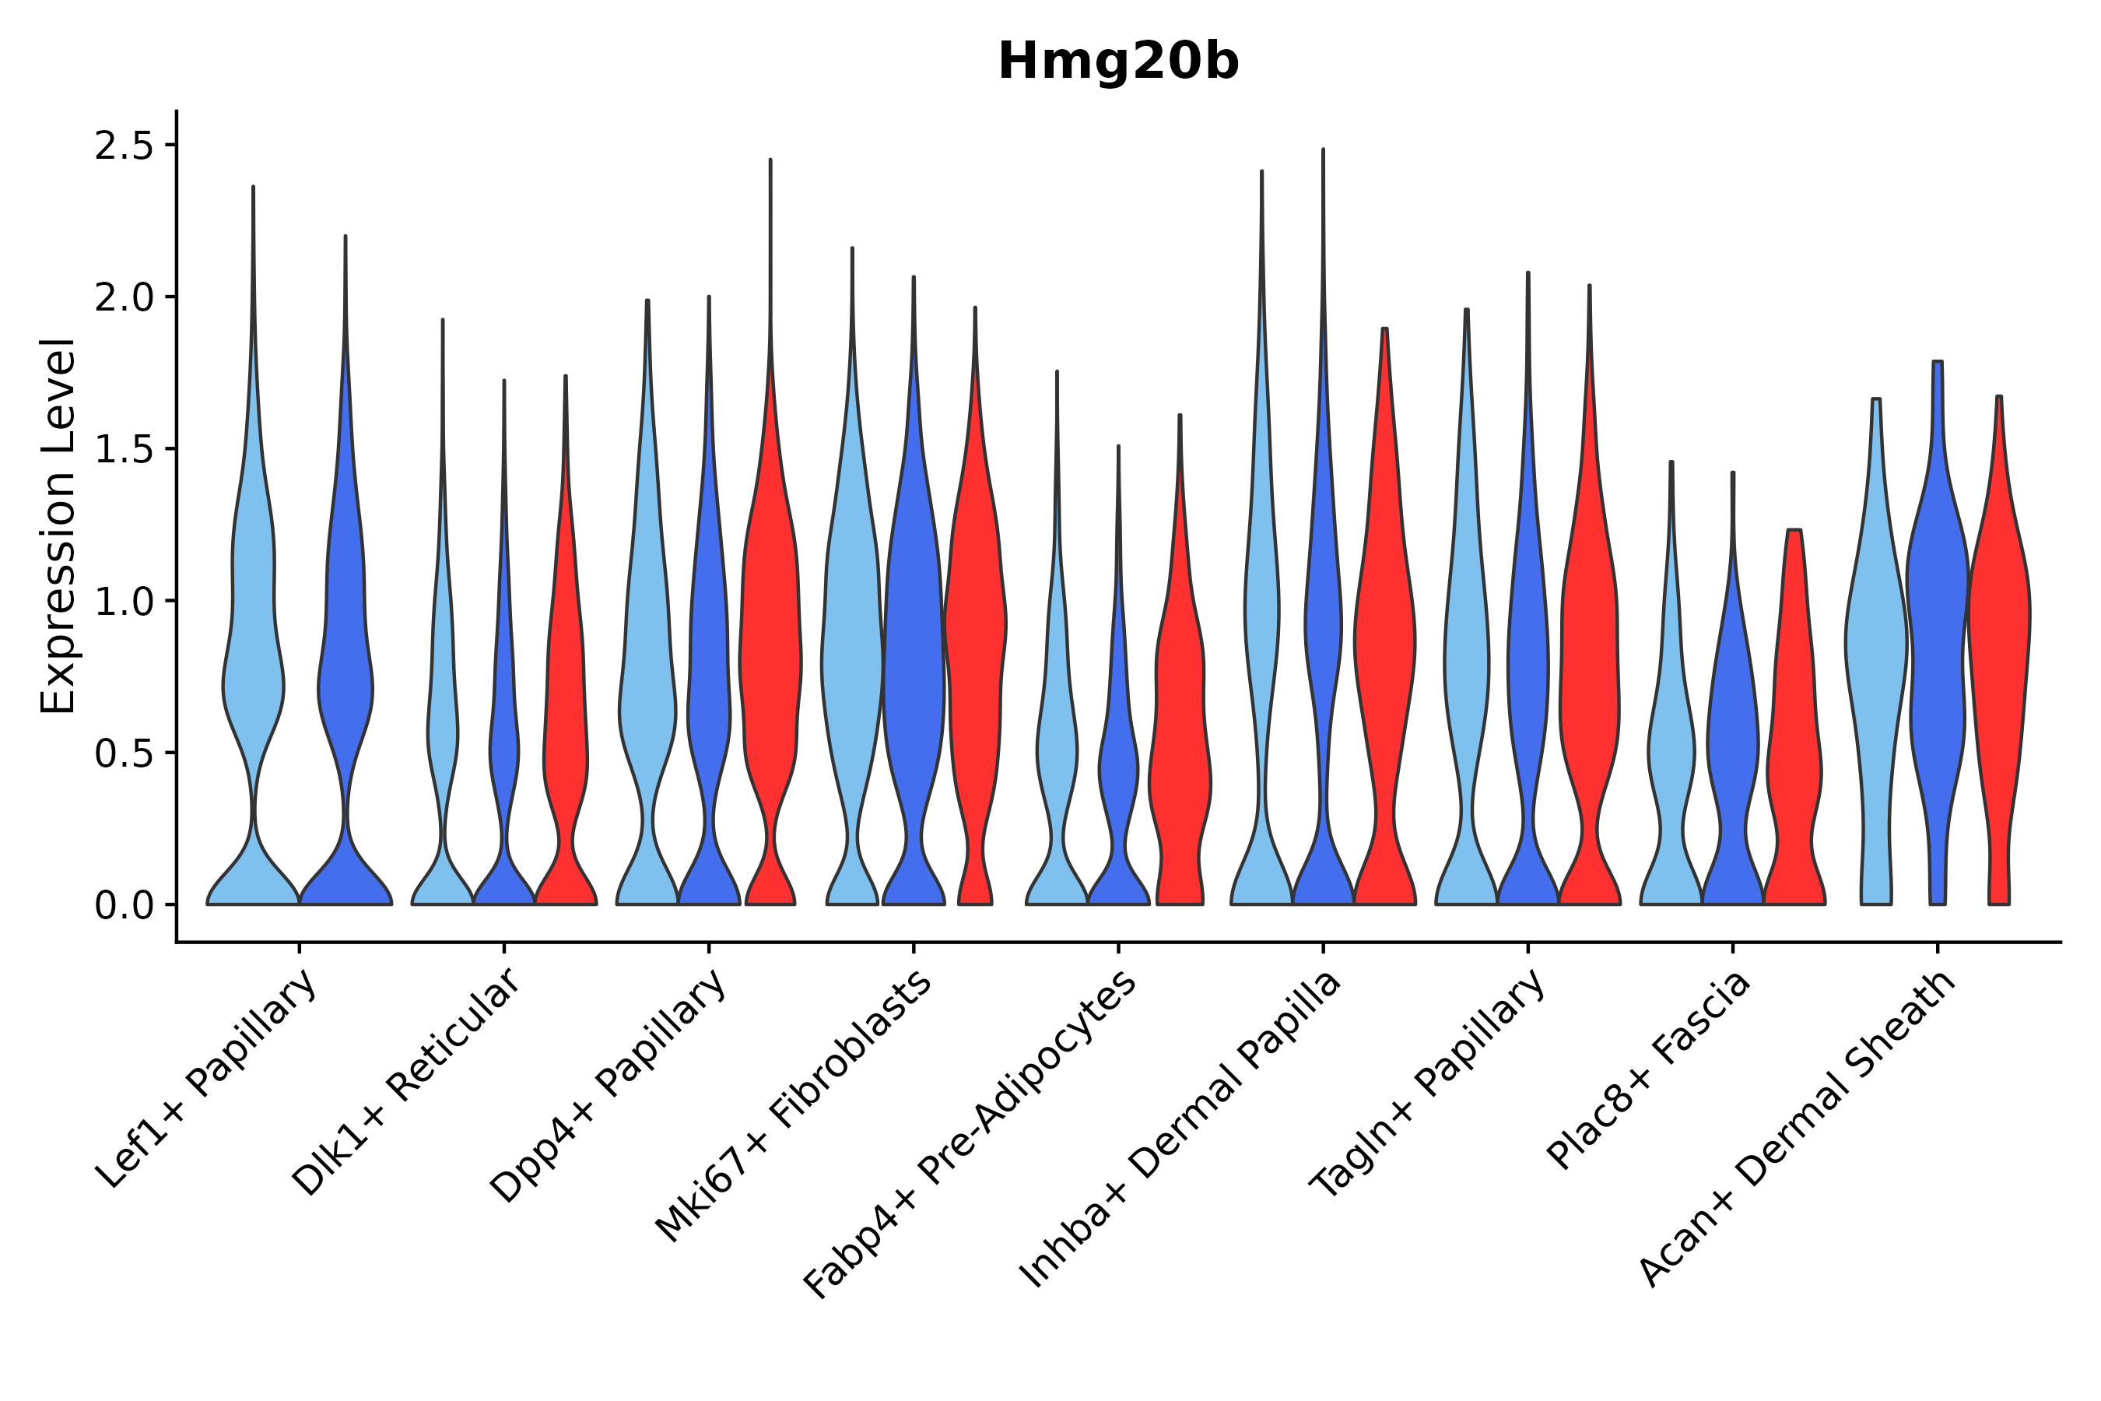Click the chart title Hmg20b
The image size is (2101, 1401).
[x=1117, y=62]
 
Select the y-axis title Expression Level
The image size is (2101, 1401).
[x=58, y=525]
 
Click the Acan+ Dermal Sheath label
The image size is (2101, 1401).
[x=1798, y=1129]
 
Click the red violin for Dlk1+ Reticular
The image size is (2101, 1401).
[x=565, y=715]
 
